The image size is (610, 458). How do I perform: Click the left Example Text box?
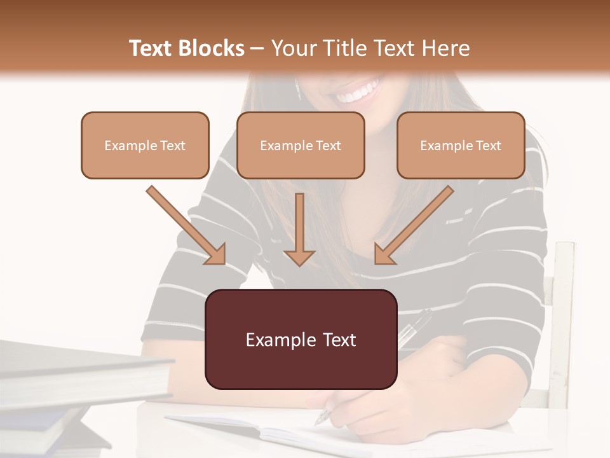point(145,146)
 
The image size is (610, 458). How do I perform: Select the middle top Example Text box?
point(301,146)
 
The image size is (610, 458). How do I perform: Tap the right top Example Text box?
point(461,146)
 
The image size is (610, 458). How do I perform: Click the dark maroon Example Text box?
point(301,340)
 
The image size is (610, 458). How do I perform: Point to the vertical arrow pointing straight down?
point(299,229)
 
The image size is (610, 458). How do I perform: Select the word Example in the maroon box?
point(274,340)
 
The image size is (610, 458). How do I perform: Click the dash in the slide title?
point(258,48)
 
